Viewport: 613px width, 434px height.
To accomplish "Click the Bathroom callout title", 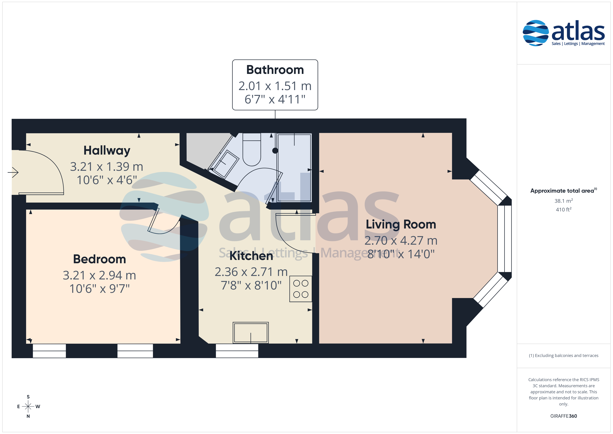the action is pos(275,70).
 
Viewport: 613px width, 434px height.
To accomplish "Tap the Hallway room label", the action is pos(107,150).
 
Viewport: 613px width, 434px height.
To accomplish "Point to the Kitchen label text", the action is pos(251,256).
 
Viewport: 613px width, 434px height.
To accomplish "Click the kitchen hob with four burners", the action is pos(301,289).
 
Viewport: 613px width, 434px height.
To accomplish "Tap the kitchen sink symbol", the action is pos(251,333).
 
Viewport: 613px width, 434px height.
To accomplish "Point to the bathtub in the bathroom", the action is pos(294,168).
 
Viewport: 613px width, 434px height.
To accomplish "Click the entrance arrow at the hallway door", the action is pos(13,173).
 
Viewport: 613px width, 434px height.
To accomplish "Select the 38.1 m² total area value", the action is pos(564,201).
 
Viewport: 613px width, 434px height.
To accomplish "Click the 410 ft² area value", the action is pos(564,210).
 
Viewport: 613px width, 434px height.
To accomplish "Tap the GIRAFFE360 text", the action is pos(564,416).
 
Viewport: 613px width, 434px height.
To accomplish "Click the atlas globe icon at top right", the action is pos(536,33).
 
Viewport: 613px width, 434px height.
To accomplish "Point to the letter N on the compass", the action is pos(28,416).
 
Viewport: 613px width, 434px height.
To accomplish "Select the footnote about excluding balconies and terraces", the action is pos(564,355).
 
